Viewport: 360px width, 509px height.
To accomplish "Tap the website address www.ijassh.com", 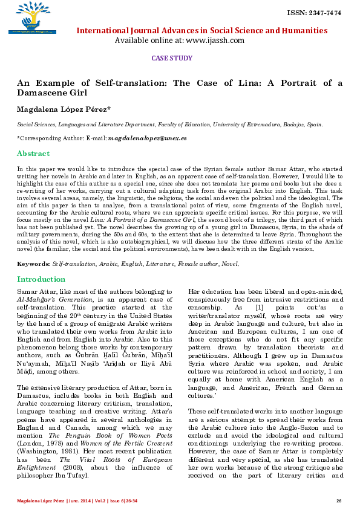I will tap(215, 41).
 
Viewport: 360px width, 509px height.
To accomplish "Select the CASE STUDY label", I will tap(171, 58).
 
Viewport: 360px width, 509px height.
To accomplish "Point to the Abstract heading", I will tap(33, 154).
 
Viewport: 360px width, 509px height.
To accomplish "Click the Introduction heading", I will tap(41, 279).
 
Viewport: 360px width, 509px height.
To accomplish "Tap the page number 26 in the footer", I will tap(339, 501).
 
